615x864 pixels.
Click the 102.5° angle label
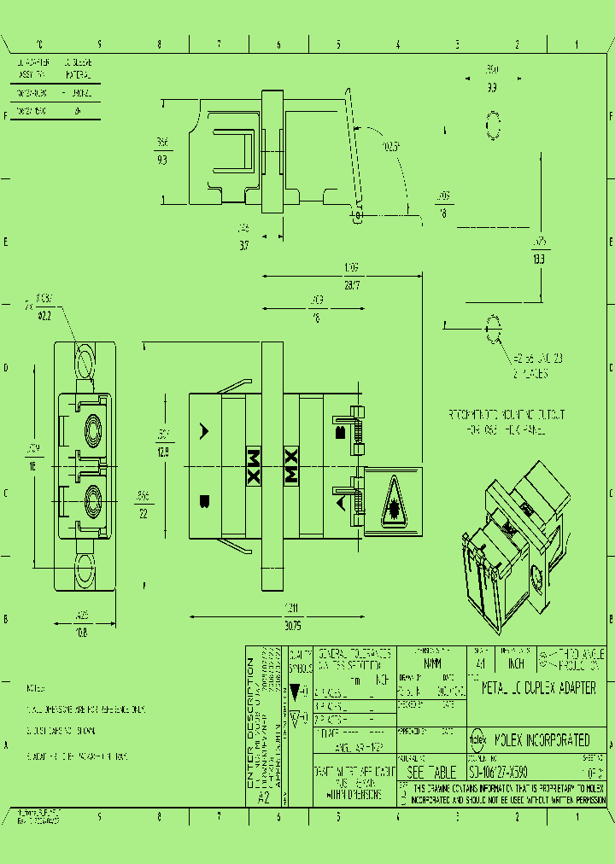[x=391, y=147]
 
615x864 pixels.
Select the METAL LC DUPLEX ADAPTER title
[x=538, y=688]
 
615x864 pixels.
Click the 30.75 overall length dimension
[x=292, y=626]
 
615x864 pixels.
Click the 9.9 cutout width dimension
[x=493, y=86]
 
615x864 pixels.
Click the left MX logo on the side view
[x=254, y=465]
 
